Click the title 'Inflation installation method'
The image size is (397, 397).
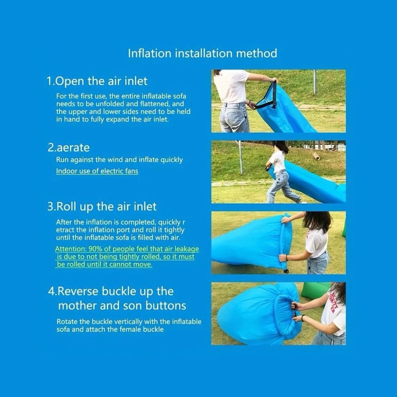coord(202,53)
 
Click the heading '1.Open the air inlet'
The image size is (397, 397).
coord(97,81)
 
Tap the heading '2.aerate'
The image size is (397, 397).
coord(69,148)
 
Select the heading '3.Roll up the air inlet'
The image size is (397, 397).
coord(102,207)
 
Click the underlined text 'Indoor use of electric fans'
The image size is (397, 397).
coord(97,171)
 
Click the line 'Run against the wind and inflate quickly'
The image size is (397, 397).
coord(119,160)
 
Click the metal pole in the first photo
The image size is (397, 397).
coord(315,82)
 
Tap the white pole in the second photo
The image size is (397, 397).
coord(241,157)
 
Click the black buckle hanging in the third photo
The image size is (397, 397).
coord(286,271)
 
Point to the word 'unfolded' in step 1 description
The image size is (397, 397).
coord(112,104)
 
